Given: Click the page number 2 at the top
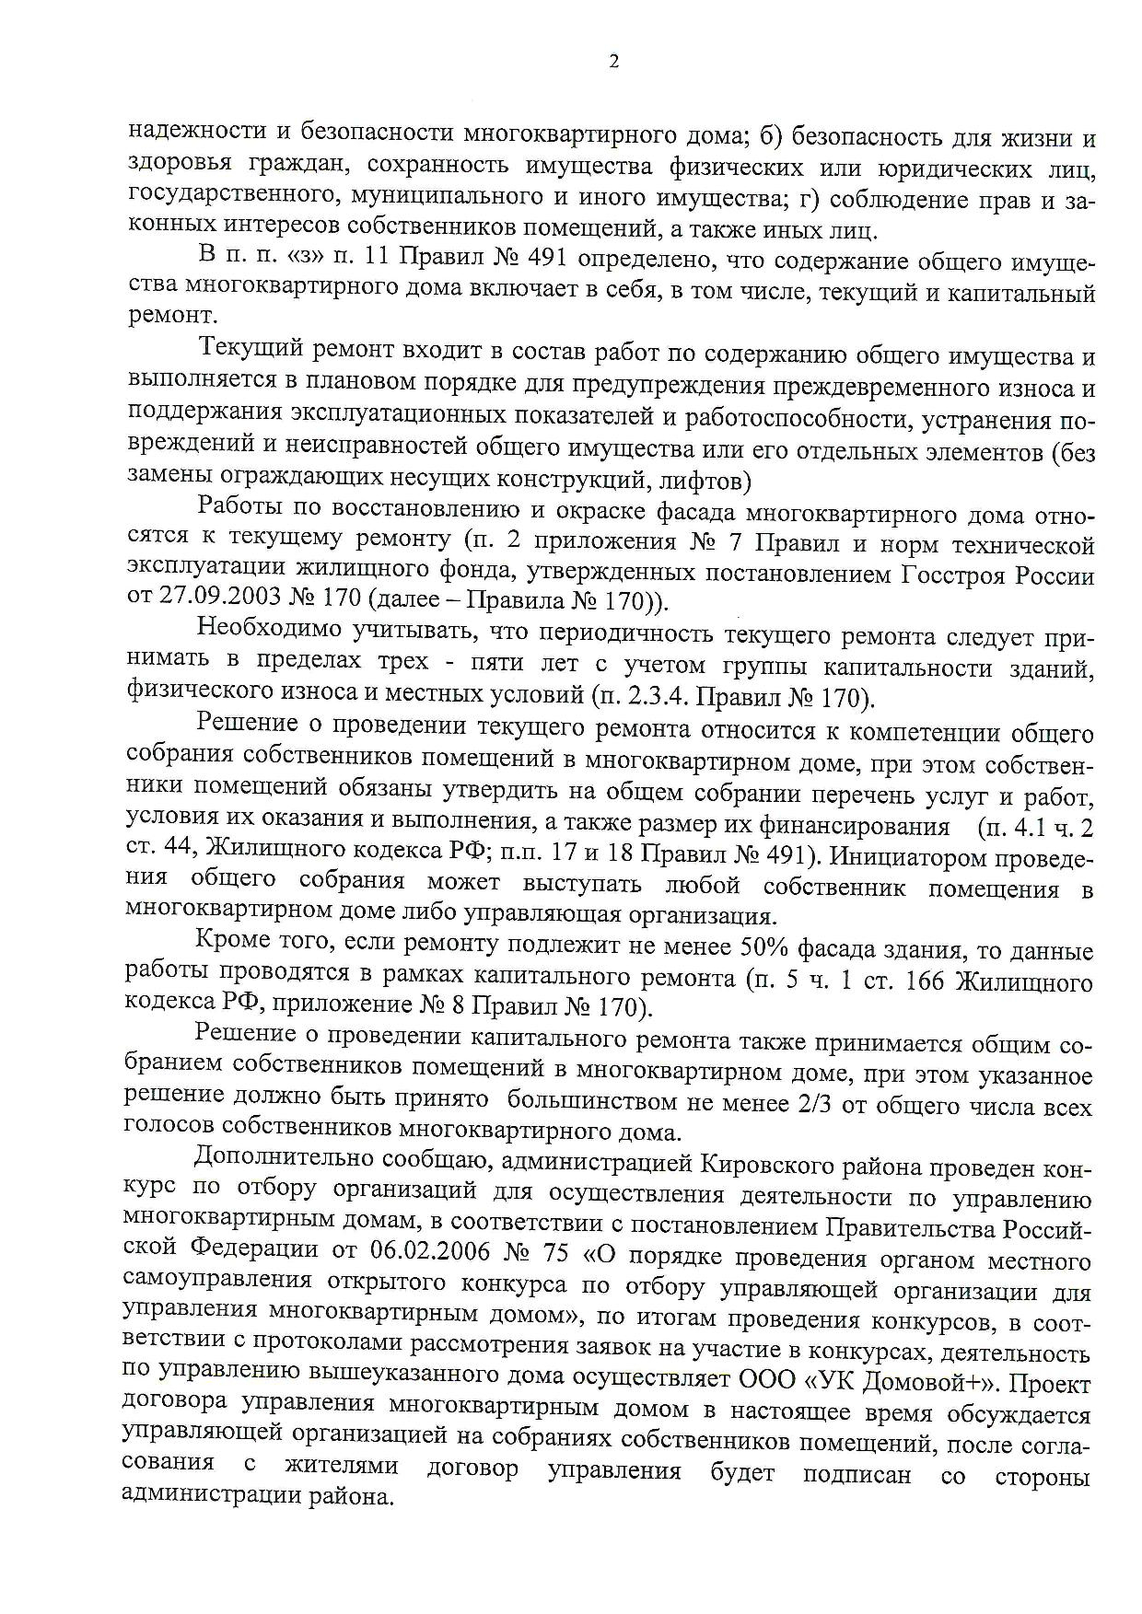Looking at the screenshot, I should click(614, 62).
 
